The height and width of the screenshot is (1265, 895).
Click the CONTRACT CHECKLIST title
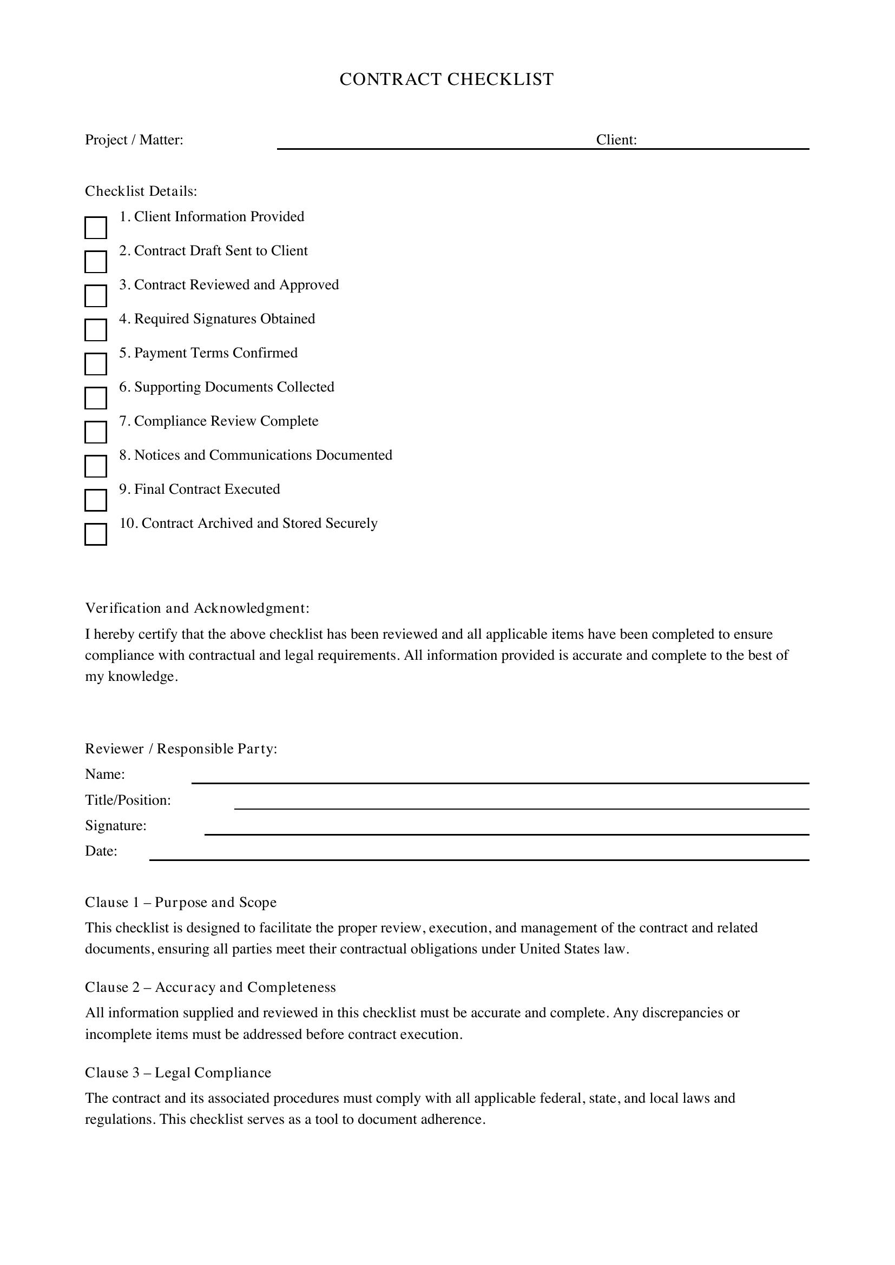(x=446, y=80)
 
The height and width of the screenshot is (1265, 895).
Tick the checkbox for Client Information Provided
(x=95, y=228)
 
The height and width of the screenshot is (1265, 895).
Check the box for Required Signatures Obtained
(x=95, y=330)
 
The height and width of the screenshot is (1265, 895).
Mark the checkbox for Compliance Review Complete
(x=95, y=432)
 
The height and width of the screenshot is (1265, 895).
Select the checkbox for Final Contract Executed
(x=95, y=500)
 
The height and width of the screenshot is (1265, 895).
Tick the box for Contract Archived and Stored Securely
(x=95, y=534)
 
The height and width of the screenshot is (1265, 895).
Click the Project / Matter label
(x=134, y=140)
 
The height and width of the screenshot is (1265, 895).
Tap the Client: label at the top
(x=616, y=140)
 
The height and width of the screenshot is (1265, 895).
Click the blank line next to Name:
(x=499, y=778)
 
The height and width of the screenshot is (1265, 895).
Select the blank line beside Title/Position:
(x=521, y=804)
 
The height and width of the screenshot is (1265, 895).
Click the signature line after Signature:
(x=506, y=830)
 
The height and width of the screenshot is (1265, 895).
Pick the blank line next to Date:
(x=478, y=855)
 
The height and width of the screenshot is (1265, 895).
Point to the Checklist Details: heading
(x=141, y=191)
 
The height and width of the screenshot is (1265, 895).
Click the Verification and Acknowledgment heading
(x=198, y=608)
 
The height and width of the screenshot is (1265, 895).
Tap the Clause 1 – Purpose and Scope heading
(x=181, y=903)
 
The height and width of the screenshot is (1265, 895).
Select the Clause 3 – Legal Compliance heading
(x=178, y=1072)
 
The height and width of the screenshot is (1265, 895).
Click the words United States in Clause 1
(x=556, y=949)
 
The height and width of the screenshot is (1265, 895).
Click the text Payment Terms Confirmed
(x=215, y=353)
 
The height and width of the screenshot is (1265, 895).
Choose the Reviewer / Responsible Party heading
(x=181, y=749)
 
